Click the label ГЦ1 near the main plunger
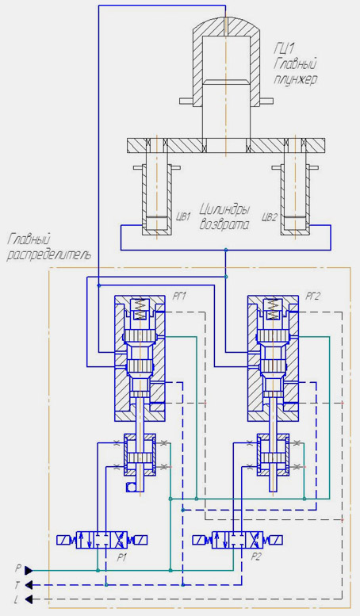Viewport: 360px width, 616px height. [x=284, y=48]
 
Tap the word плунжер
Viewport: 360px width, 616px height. [x=295, y=80]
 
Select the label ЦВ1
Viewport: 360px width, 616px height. [x=182, y=216]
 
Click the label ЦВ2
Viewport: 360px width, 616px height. [x=270, y=216]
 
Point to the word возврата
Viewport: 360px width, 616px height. [x=224, y=225]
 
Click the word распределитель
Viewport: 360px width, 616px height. [x=49, y=254]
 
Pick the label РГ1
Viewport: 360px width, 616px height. [x=179, y=297]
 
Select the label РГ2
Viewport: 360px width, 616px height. [x=313, y=297]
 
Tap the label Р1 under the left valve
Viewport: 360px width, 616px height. [x=122, y=557]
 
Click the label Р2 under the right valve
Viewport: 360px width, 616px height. [x=256, y=557]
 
